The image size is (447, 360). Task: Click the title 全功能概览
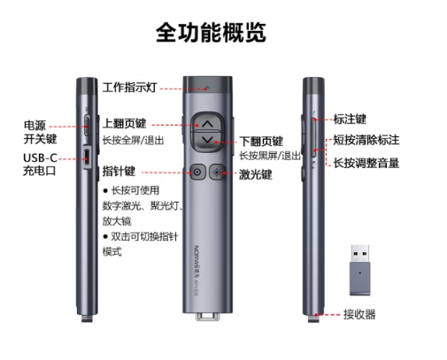(x=211, y=32)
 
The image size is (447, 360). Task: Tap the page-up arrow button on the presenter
(x=208, y=122)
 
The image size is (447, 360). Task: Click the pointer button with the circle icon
(x=197, y=172)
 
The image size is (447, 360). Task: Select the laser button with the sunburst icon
(x=217, y=172)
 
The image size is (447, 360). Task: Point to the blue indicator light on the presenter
(x=207, y=88)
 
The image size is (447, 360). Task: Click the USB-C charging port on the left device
(x=87, y=157)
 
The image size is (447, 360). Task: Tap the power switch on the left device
(x=87, y=125)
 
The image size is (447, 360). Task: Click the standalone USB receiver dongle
(x=360, y=270)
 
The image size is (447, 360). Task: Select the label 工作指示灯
(x=129, y=88)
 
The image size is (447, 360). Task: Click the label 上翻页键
(x=124, y=123)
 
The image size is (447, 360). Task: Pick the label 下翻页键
(x=261, y=142)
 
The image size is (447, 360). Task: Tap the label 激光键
(x=255, y=174)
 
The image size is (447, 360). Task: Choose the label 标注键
(x=350, y=119)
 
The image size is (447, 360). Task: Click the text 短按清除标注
(x=366, y=140)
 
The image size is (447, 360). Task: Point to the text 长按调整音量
(x=366, y=163)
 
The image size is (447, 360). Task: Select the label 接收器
(x=359, y=314)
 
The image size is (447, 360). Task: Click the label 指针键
(x=119, y=171)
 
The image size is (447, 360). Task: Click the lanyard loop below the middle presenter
(x=208, y=316)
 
